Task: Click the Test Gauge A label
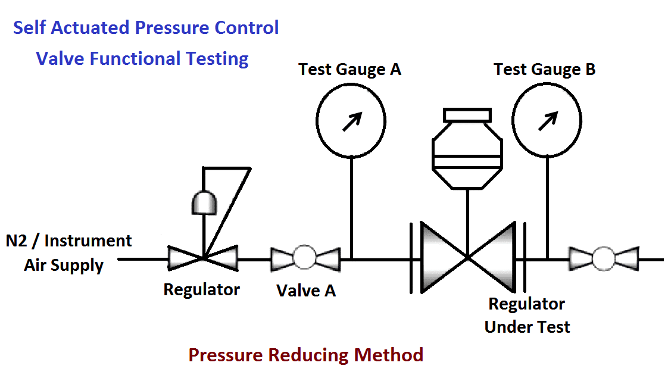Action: (x=349, y=70)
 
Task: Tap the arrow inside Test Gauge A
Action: (x=351, y=122)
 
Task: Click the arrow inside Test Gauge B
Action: (x=547, y=121)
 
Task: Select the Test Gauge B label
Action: (x=544, y=70)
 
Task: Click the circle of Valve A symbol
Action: (x=305, y=259)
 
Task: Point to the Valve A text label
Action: (x=306, y=290)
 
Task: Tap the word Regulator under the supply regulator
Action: (x=201, y=290)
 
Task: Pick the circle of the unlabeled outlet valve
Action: (x=604, y=259)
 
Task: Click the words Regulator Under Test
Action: (x=527, y=315)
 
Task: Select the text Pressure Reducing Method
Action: (x=305, y=355)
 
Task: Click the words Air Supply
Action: (x=64, y=265)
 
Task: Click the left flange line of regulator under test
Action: (x=411, y=258)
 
